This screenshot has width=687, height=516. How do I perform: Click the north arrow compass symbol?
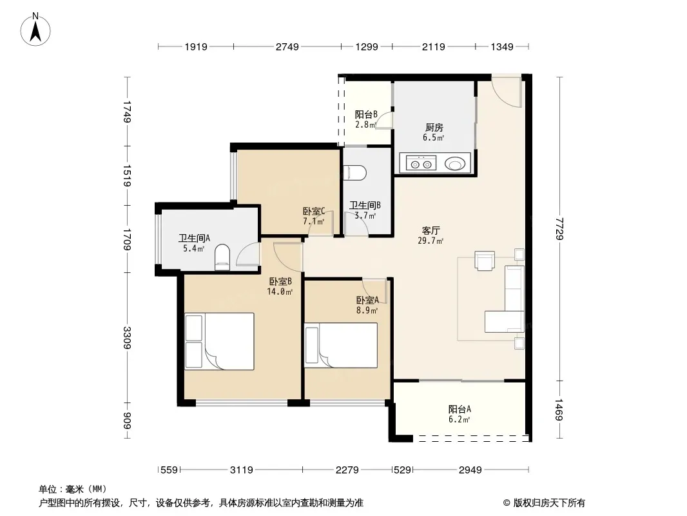click(35, 30)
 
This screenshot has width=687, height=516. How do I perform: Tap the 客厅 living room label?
click(431, 230)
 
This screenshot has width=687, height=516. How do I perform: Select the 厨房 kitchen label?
click(434, 127)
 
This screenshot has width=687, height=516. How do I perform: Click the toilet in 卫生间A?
click(222, 257)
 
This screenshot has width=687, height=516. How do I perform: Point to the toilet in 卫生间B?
click(355, 173)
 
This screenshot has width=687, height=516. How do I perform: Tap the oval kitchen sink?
click(455, 164)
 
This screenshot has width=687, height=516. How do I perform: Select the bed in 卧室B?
click(219, 341)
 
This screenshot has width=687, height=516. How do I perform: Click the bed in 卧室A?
click(341, 346)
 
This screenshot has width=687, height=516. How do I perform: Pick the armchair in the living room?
click(485, 261)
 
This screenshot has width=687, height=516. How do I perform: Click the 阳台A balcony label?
click(460, 409)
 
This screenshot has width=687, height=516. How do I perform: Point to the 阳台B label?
click(366, 114)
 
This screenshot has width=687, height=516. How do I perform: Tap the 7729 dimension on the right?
click(559, 228)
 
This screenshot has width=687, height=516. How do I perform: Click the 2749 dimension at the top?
click(287, 46)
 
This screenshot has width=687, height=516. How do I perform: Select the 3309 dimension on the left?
click(126, 337)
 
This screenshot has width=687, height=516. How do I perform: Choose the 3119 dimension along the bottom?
click(242, 470)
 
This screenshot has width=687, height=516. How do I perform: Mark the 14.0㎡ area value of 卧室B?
click(280, 292)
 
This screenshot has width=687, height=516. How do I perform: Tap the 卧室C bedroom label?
click(314, 212)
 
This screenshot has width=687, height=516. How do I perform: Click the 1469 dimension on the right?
click(559, 410)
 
